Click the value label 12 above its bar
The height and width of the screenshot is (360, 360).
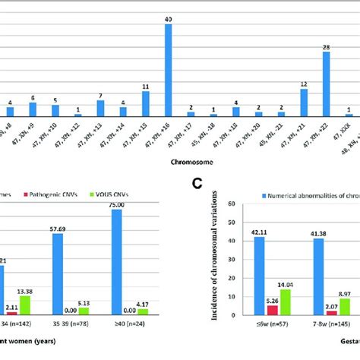coord(303,84)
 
